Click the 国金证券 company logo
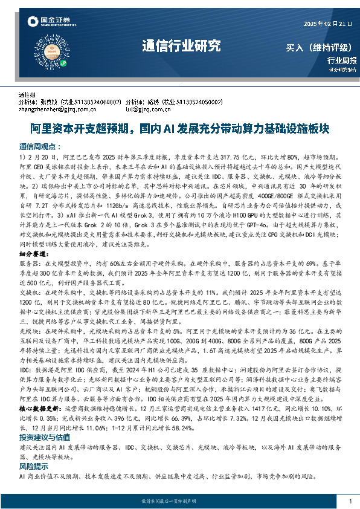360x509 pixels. (x=52, y=22)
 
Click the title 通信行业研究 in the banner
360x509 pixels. (x=181, y=46)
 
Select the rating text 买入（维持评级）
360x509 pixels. (x=320, y=48)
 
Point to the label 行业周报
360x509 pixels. (x=342, y=60)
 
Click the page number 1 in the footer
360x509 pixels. (x=350, y=501)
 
